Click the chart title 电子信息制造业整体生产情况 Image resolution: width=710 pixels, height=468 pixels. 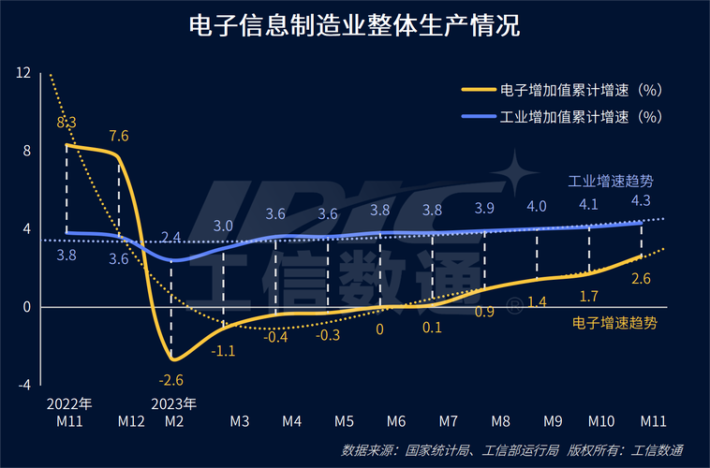pyautogui.click(x=354, y=25)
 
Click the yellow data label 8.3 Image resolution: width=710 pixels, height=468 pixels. pyautogui.click(x=67, y=122)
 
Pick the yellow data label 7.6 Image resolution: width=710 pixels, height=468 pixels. pyautogui.click(x=119, y=136)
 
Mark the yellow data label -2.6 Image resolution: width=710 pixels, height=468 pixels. pyautogui.click(x=171, y=379)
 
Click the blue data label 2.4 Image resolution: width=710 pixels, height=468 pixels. pyautogui.click(x=171, y=238)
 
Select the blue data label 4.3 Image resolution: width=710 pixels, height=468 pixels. pyautogui.click(x=641, y=200)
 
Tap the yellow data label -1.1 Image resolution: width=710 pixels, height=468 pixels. pyautogui.click(x=223, y=351)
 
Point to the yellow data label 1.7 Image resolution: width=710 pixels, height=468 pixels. pyautogui.click(x=589, y=297)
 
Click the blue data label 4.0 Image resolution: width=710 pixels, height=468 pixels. pyautogui.click(x=537, y=206)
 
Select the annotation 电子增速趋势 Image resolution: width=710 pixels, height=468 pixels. pyautogui.click(x=614, y=323)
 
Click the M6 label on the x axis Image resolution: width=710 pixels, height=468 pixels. pyautogui.click(x=395, y=421)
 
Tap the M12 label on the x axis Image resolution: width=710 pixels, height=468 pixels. pyautogui.click(x=131, y=421)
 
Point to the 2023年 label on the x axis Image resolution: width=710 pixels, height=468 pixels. pyautogui.click(x=172, y=404)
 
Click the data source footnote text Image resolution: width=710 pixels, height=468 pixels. pyautogui.click(x=512, y=450)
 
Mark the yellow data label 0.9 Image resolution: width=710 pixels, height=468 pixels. pyautogui.click(x=485, y=312)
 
